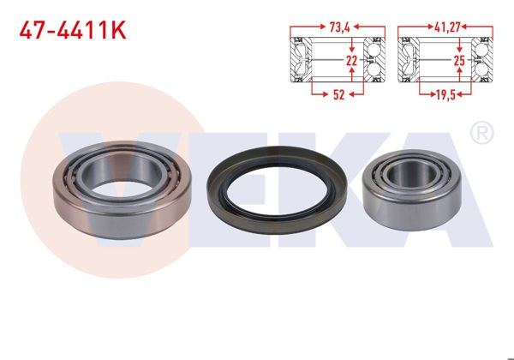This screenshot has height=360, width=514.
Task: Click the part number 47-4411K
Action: (x=73, y=32)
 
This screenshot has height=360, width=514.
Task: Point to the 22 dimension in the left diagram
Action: (x=351, y=62)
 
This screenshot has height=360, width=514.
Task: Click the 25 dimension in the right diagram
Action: (x=458, y=62)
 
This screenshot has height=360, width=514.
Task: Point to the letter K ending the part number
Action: (x=117, y=32)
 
